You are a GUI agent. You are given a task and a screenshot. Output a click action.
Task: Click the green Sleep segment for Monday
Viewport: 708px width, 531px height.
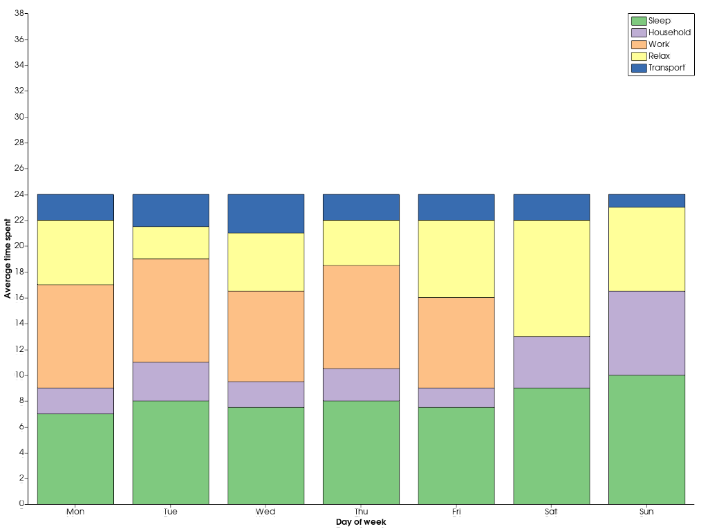click(x=75, y=458)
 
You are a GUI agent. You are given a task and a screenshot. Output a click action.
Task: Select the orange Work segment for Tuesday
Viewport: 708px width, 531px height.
click(x=171, y=310)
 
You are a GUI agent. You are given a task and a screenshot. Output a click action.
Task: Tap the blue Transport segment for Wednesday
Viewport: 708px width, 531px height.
click(x=265, y=214)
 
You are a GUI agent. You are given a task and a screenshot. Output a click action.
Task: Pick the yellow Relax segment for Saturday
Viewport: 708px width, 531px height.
click(x=551, y=278)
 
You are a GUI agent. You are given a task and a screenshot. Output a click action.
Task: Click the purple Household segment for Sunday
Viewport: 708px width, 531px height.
click(x=646, y=333)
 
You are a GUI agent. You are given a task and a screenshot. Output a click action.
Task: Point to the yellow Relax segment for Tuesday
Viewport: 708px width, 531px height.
click(x=171, y=243)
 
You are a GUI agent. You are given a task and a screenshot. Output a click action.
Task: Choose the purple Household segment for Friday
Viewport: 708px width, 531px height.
click(x=456, y=398)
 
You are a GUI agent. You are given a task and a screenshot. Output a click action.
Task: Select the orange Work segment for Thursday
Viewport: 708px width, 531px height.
click(x=361, y=317)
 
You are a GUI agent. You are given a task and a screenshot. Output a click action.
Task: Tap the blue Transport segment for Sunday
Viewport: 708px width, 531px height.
click(x=646, y=201)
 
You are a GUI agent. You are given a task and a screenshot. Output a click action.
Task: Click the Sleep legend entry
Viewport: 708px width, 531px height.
click(x=659, y=21)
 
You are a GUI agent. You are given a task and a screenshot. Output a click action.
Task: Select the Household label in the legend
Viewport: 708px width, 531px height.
click(x=669, y=32)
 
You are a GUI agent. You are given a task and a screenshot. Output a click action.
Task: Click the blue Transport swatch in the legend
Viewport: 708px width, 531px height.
click(x=638, y=68)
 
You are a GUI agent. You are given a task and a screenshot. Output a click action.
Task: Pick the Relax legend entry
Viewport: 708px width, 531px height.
click(x=659, y=56)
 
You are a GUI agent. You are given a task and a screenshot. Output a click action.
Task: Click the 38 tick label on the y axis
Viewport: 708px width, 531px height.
click(x=19, y=13)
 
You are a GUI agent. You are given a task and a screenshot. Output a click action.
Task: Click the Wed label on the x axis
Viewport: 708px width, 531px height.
click(x=265, y=512)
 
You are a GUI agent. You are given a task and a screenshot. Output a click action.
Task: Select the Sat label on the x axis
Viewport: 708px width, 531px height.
click(x=551, y=512)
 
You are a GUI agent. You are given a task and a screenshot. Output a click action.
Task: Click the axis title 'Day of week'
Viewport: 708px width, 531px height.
click(x=361, y=523)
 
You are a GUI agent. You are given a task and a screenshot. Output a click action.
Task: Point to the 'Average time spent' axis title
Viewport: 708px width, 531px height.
click(x=8, y=259)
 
